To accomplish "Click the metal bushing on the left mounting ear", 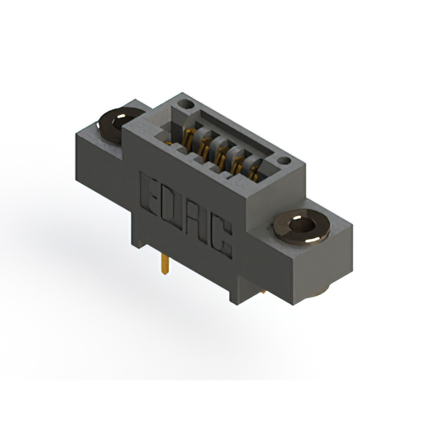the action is [x=120, y=125].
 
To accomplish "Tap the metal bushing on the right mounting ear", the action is [x=302, y=227].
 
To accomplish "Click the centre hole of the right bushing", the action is [x=302, y=226].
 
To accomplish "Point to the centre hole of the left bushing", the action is [x=123, y=123].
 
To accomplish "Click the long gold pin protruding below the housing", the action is [x=165, y=264].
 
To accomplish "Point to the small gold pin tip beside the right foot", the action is [x=264, y=292].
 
